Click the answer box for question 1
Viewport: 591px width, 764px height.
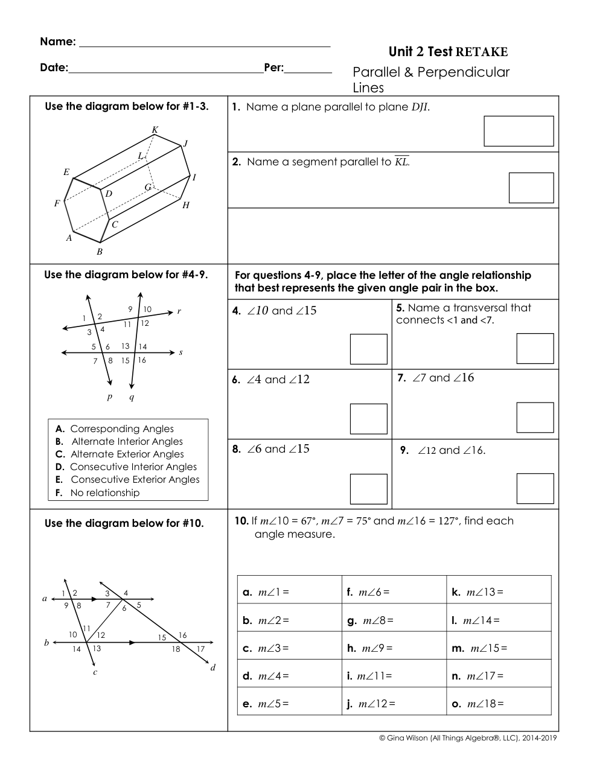pos(519,131)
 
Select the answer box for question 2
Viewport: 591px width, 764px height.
pos(531,188)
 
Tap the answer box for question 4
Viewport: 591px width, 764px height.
pos(368,349)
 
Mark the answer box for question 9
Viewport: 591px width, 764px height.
pos(535,488)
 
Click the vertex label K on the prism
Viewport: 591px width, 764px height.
pos(155,130)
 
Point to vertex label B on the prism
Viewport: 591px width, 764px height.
pos(100,252)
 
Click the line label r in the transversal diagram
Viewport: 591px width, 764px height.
pos(179,311)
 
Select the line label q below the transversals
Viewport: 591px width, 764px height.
pos(132,396)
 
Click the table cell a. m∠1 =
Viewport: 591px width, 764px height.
pos(289,592)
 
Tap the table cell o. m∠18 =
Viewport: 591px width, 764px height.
pos(499,703)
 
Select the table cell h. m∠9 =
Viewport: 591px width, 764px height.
pos(394,648)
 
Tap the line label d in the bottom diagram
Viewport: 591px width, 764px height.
pos(212,667)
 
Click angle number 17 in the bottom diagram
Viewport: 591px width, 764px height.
pos(200,649)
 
